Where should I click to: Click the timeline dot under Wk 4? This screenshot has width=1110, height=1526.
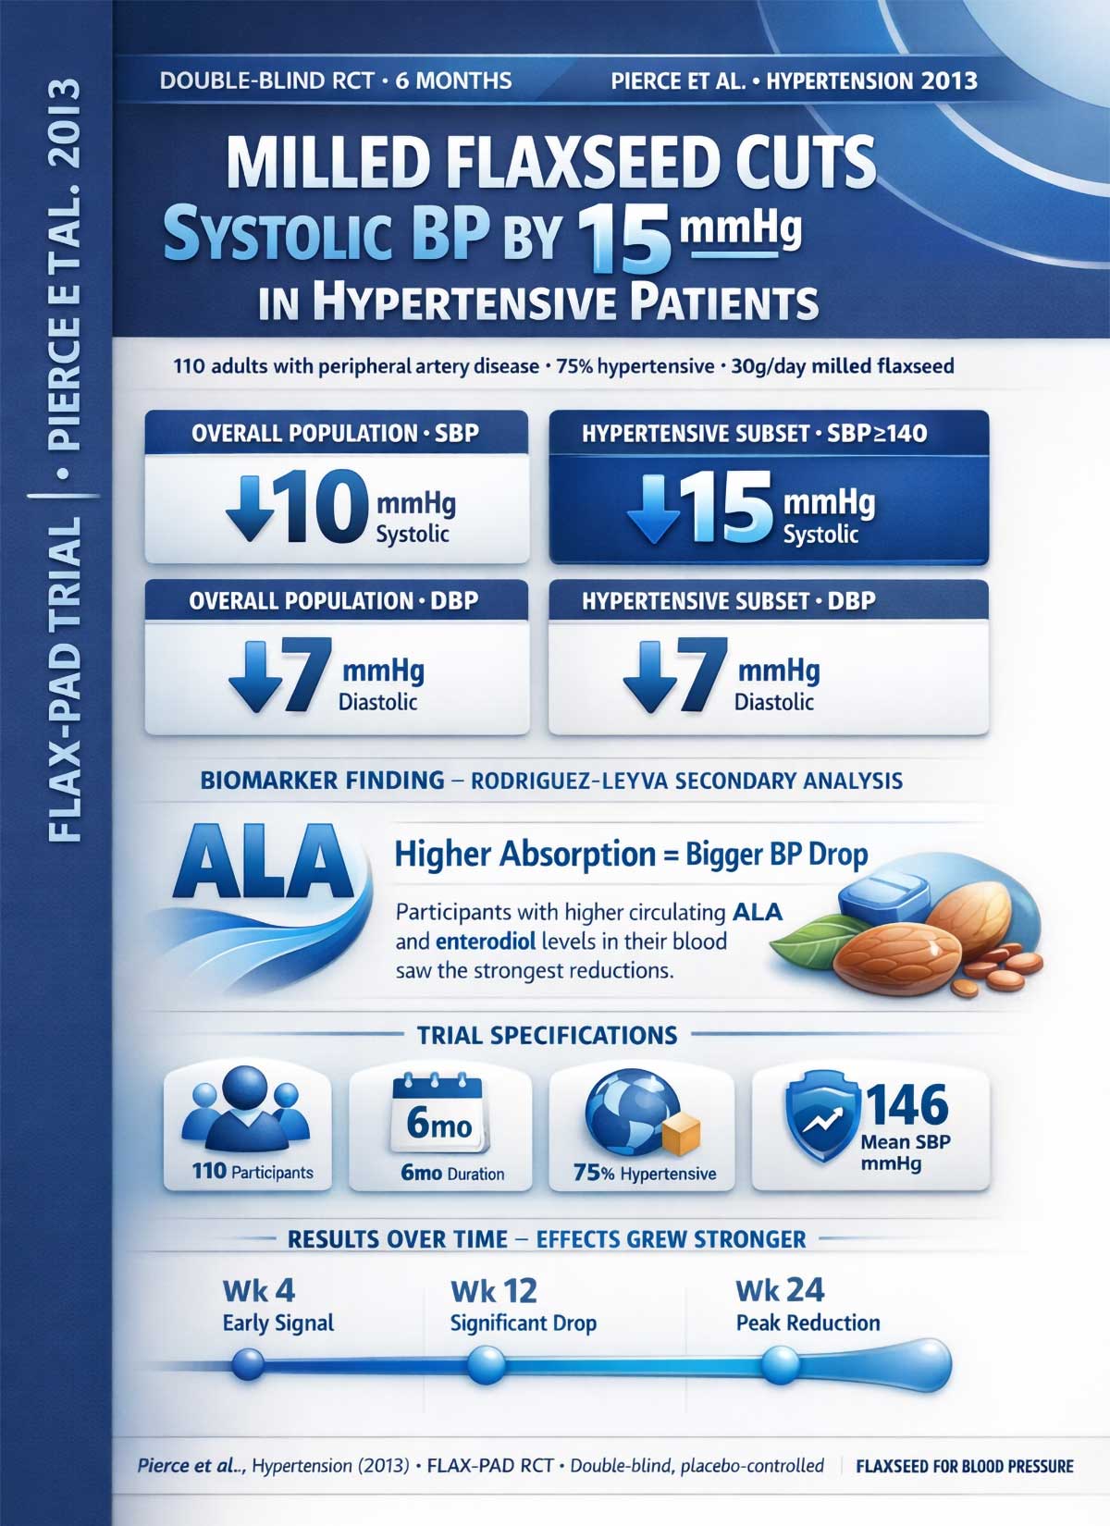[248, 1362]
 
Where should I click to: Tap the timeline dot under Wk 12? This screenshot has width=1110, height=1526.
[487, 1362]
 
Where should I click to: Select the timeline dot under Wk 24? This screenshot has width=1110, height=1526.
[779, 1362]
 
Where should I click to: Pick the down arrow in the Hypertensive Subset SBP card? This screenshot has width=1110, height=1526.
[653, 508]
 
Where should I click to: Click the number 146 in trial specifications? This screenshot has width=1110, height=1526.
[906, 1104]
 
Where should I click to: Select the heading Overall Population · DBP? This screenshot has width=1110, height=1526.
[334, 601]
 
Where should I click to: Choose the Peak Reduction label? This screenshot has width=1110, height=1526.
[808, 1323]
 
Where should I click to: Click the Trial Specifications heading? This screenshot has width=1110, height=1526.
[548, 1034]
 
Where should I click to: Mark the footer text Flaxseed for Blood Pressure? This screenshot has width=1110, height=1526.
[965, 1466]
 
